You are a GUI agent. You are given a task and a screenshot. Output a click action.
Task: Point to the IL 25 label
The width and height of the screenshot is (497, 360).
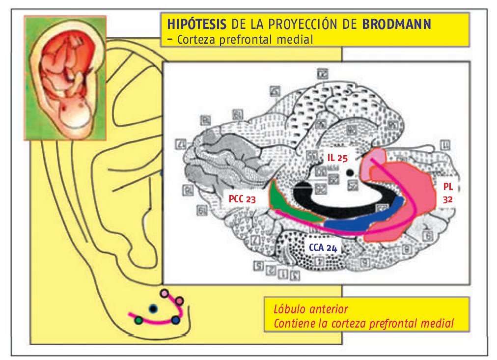click(337, 158)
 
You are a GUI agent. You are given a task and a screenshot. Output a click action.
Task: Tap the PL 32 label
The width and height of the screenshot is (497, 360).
click(446, 194)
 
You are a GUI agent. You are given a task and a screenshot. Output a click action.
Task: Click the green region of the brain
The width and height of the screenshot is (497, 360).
click(290, 206)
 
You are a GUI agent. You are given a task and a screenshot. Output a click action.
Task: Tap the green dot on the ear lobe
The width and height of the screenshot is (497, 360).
click(139, 320)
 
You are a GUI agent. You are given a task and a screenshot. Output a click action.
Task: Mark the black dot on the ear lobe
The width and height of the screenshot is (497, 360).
click(154, 308)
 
